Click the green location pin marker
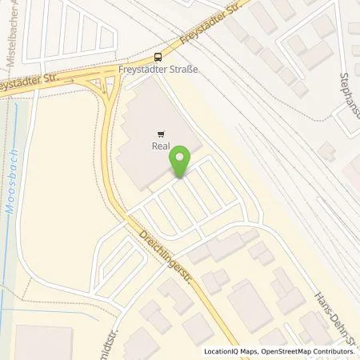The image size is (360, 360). (182, 160)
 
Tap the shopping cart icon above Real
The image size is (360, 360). (162, 134)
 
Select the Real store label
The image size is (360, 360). (162, 146)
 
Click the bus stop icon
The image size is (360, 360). (158, 56)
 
